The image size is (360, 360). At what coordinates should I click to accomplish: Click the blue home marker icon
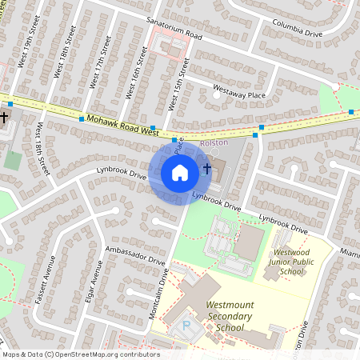[x=180, y=173]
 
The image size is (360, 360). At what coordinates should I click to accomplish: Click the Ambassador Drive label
[x=134, y=255]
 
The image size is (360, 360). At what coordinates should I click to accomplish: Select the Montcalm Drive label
[x=158, y=294]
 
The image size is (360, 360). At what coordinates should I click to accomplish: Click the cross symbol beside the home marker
[x=207, y=169]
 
